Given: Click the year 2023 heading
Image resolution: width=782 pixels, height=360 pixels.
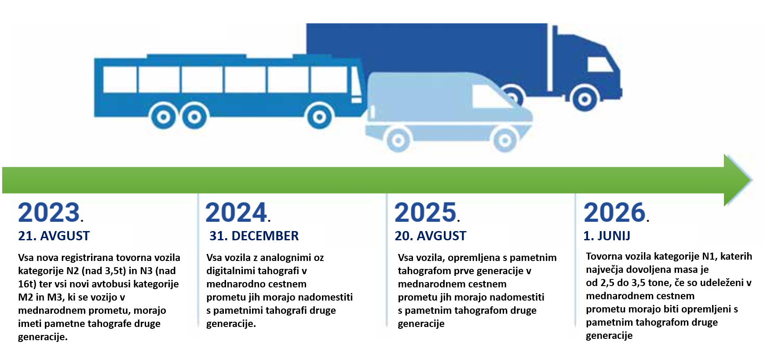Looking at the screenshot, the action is pos(51,213).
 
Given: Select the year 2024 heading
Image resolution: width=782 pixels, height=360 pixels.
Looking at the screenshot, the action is pos(238,213).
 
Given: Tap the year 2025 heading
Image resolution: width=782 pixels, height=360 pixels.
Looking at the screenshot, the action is pos(427,213).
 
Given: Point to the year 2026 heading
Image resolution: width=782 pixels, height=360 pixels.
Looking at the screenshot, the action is pos(616,213).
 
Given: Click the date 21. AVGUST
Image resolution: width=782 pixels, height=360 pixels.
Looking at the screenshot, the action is pos(54,236).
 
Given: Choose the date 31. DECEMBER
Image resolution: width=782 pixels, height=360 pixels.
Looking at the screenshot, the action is pos(254,236).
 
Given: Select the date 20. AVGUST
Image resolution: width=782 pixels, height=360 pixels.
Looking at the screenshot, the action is pos(431,236).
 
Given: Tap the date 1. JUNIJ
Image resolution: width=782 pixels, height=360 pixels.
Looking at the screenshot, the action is pos(607,236).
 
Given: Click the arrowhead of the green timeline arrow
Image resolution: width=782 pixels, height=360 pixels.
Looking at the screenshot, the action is pos(737,180).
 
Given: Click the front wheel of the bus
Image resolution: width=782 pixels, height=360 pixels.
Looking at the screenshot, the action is pos(320,117).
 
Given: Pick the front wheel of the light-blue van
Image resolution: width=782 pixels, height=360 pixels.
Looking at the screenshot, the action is pos(504,140).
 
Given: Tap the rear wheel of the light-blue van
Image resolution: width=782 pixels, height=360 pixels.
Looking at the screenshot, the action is pos(398,140).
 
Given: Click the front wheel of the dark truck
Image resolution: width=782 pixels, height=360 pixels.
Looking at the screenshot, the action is pos(585,99).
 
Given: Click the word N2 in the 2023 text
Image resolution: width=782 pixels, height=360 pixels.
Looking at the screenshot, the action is pos(73,271).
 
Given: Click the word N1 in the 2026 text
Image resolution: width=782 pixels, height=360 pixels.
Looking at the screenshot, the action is pos(709,256).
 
